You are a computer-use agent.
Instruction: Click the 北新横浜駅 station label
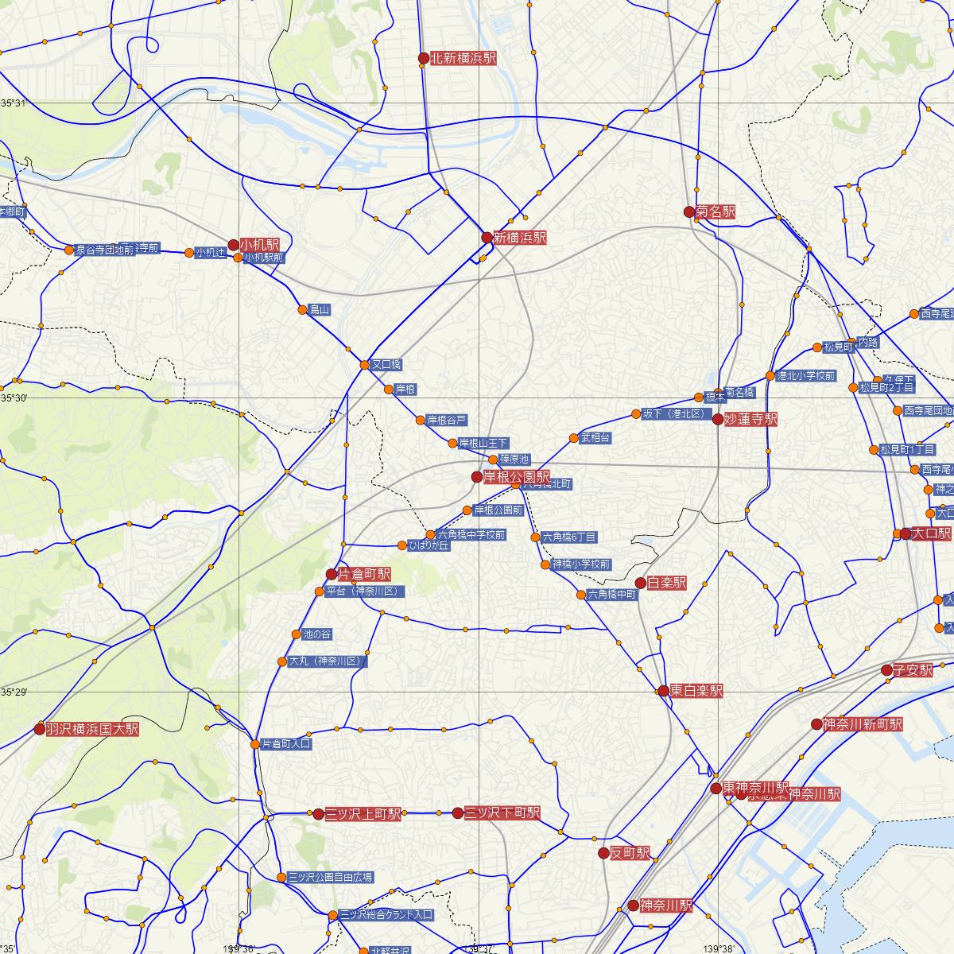pyautogui.click(x=463, y=58)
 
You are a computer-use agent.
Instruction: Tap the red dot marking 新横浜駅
pyautogui.click(x=487, y=237)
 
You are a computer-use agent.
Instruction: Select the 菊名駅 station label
pyautogui.click(x=715, y=212)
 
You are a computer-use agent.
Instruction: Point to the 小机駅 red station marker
pyautogui.click(x=233, y=245)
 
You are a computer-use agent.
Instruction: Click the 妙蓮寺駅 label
pyautogui.click(x=750, y=419)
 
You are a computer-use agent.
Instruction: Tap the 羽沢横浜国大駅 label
pyautogui.click(x=91, y=729)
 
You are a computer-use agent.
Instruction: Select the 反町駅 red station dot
pyautogui.click(x=603, y=854)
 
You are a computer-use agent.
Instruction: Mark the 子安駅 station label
pyautogui.click(x=913, y=670)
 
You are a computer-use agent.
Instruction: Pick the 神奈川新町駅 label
pyautogui.click(x=863, y=724)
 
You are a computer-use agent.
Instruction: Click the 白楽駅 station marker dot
pyautogui.click(x=641, y=584)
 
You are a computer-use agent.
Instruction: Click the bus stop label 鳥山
pyautogui.click(x=320, y=310)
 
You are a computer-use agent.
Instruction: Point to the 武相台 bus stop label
pyautogui.click(x=595, y=438)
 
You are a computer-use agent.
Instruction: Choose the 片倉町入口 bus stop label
pyautogui.click(x=286, y=745)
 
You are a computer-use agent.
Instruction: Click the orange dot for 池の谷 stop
pyautogui.click(x=296, y=634)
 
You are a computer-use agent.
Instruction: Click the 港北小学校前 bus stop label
pyautogui.click(x=805, y=376)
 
